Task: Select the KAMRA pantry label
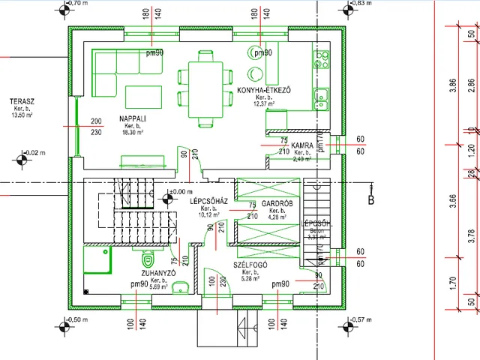point(301,145)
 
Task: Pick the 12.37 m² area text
point(263,103)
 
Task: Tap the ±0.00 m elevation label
point(182,193)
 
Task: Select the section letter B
point(370,199)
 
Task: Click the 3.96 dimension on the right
point(452,85)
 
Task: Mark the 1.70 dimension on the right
point(452,284)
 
